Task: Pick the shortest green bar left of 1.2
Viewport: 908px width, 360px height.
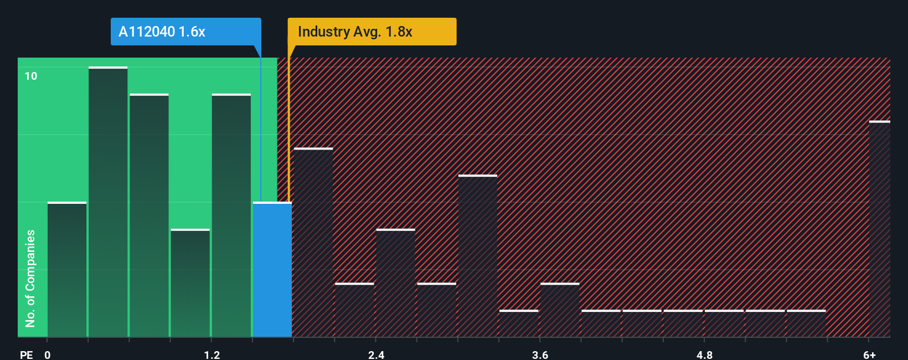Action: (190, 283)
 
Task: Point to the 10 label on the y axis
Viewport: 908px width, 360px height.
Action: (31, 76)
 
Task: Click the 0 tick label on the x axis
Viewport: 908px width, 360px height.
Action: (48, 354)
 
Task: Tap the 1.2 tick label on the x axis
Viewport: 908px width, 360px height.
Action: (212, 354)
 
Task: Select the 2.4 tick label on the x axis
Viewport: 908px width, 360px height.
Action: (376, 354)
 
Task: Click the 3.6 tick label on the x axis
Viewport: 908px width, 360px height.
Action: (540, 354)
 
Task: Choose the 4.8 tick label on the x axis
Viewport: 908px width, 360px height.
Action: (704, 354)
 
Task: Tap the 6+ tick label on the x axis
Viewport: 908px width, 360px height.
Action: (869, 354)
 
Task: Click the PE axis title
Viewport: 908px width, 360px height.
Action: (26, 354)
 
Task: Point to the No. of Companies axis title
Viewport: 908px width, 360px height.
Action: (30, 278)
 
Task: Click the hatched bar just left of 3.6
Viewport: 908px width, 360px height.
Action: (519, 323)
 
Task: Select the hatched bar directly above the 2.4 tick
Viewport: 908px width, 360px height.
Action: (395, 283)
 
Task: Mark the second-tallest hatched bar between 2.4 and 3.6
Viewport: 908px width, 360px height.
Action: (395, 283)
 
